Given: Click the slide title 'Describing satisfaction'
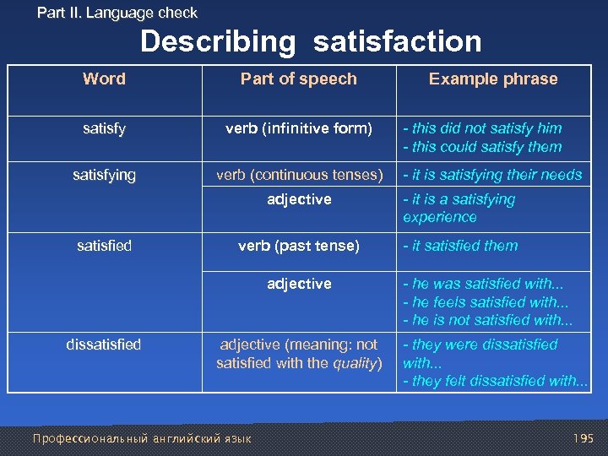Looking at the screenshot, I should pyautogui.click(x=311, y=41).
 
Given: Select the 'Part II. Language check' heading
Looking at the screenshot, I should pyautogui.click(x=117, y=13).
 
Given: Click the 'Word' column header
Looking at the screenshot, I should pyautogui.click(x=104, y=79).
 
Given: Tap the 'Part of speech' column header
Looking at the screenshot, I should pyautogui.click(x=299, y=79).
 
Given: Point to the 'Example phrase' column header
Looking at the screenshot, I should pyautogui.click(x=493, y=79).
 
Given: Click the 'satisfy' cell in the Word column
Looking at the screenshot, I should pyautogui.click(x=104, y=128).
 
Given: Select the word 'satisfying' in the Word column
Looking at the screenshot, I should pyautogui.click(x=104, y=175).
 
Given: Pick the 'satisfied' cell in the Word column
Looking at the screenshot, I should pyautogui.click(x=104, y=246).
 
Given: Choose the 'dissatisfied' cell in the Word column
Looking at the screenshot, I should pyautogui.click(x=104, y=345).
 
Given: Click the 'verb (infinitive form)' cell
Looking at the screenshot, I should pyautogui.click(x=299, y=128).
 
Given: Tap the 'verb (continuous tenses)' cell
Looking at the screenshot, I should pyautogui.click(x=299, y=175).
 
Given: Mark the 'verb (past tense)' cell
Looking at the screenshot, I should pyautogui.click(x=299, y=246).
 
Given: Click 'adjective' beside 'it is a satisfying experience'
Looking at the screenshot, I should pyautogui.click(x=299, y=199).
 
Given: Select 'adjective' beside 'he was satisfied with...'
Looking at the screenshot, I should pyautogui.click(x=299, y=284).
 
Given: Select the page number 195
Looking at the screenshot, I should pyautogui.click(x=583, y=438).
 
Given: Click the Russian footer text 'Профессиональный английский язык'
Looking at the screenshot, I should pyautogui.click(x=141, y=438).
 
